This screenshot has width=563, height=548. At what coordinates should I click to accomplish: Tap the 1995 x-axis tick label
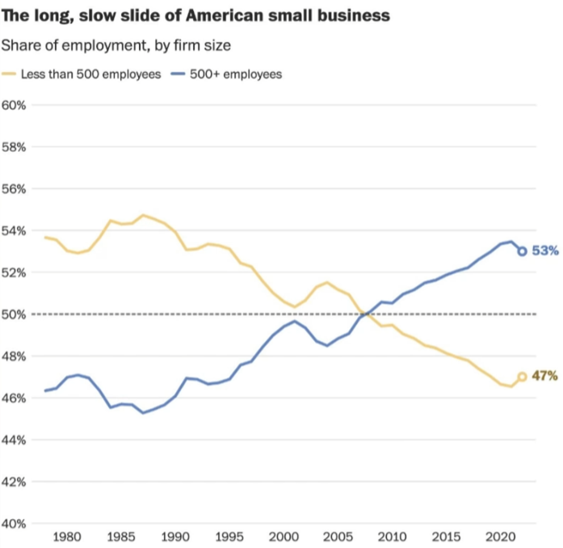click(x=229, y=537)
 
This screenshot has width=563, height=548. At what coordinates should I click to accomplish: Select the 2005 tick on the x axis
click(x=338, y=537)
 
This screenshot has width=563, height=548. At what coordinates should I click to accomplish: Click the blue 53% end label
click(x=545, y=251)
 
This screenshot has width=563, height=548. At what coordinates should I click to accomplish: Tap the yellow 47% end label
click(x=545, y=376)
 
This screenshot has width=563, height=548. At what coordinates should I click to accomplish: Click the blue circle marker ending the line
click(x=523, y=251)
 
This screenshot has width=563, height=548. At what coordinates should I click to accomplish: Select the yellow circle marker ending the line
click(x=523, y=377)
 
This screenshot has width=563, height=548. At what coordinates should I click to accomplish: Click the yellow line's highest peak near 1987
click(x=144, y=215)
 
